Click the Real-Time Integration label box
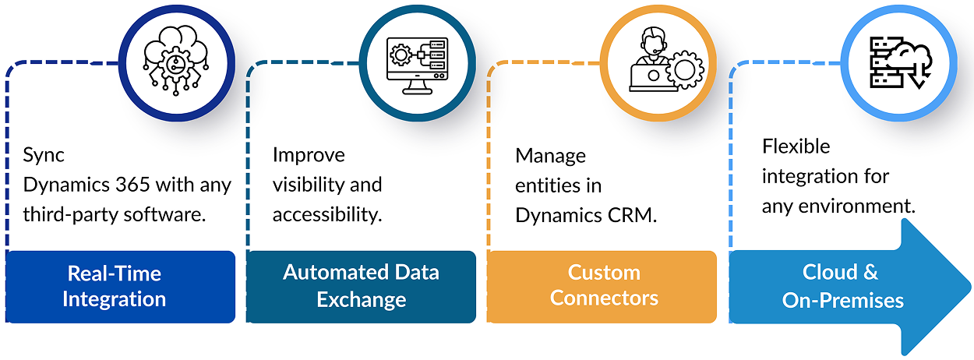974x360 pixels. [x=121, y=286]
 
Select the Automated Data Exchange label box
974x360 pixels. [x=361, y=286]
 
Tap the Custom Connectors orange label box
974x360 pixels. [x=602, y=286]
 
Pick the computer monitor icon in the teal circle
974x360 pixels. [x=416, y=65]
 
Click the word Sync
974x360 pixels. [x=44, y=155]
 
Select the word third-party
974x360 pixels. [x=68, y=215]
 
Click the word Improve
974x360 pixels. [x=309, y=155]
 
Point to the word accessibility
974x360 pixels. [x=327, y=215]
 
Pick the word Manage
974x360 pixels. [x=550, y=156]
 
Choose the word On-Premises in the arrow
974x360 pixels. [x=843, y=299]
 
